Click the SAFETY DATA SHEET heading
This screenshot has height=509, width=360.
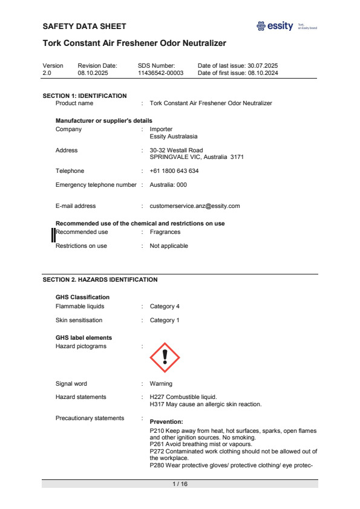click(x=85, y=27)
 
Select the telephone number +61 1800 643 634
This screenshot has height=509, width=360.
click(x=174, y=171)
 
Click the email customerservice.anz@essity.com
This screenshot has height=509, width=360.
click(x=195, y=206)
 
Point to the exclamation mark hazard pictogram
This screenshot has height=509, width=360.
click(x=165, y=358)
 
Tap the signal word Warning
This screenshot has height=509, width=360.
click(x=161, y=384)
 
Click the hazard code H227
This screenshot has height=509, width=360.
click(x=157, y=397)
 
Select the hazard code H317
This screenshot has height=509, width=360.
click(x=157, y=404)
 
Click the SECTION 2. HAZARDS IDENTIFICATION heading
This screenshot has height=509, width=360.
click(x=100, y=280)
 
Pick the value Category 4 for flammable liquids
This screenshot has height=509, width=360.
click(x=165, y=307)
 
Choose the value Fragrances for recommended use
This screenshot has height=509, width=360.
click(x=165, y=232)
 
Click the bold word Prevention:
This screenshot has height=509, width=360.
click(x=166, y=422)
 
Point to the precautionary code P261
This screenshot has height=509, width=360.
click(x=157, y=444)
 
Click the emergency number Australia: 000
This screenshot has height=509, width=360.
click(x=168, y=185)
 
